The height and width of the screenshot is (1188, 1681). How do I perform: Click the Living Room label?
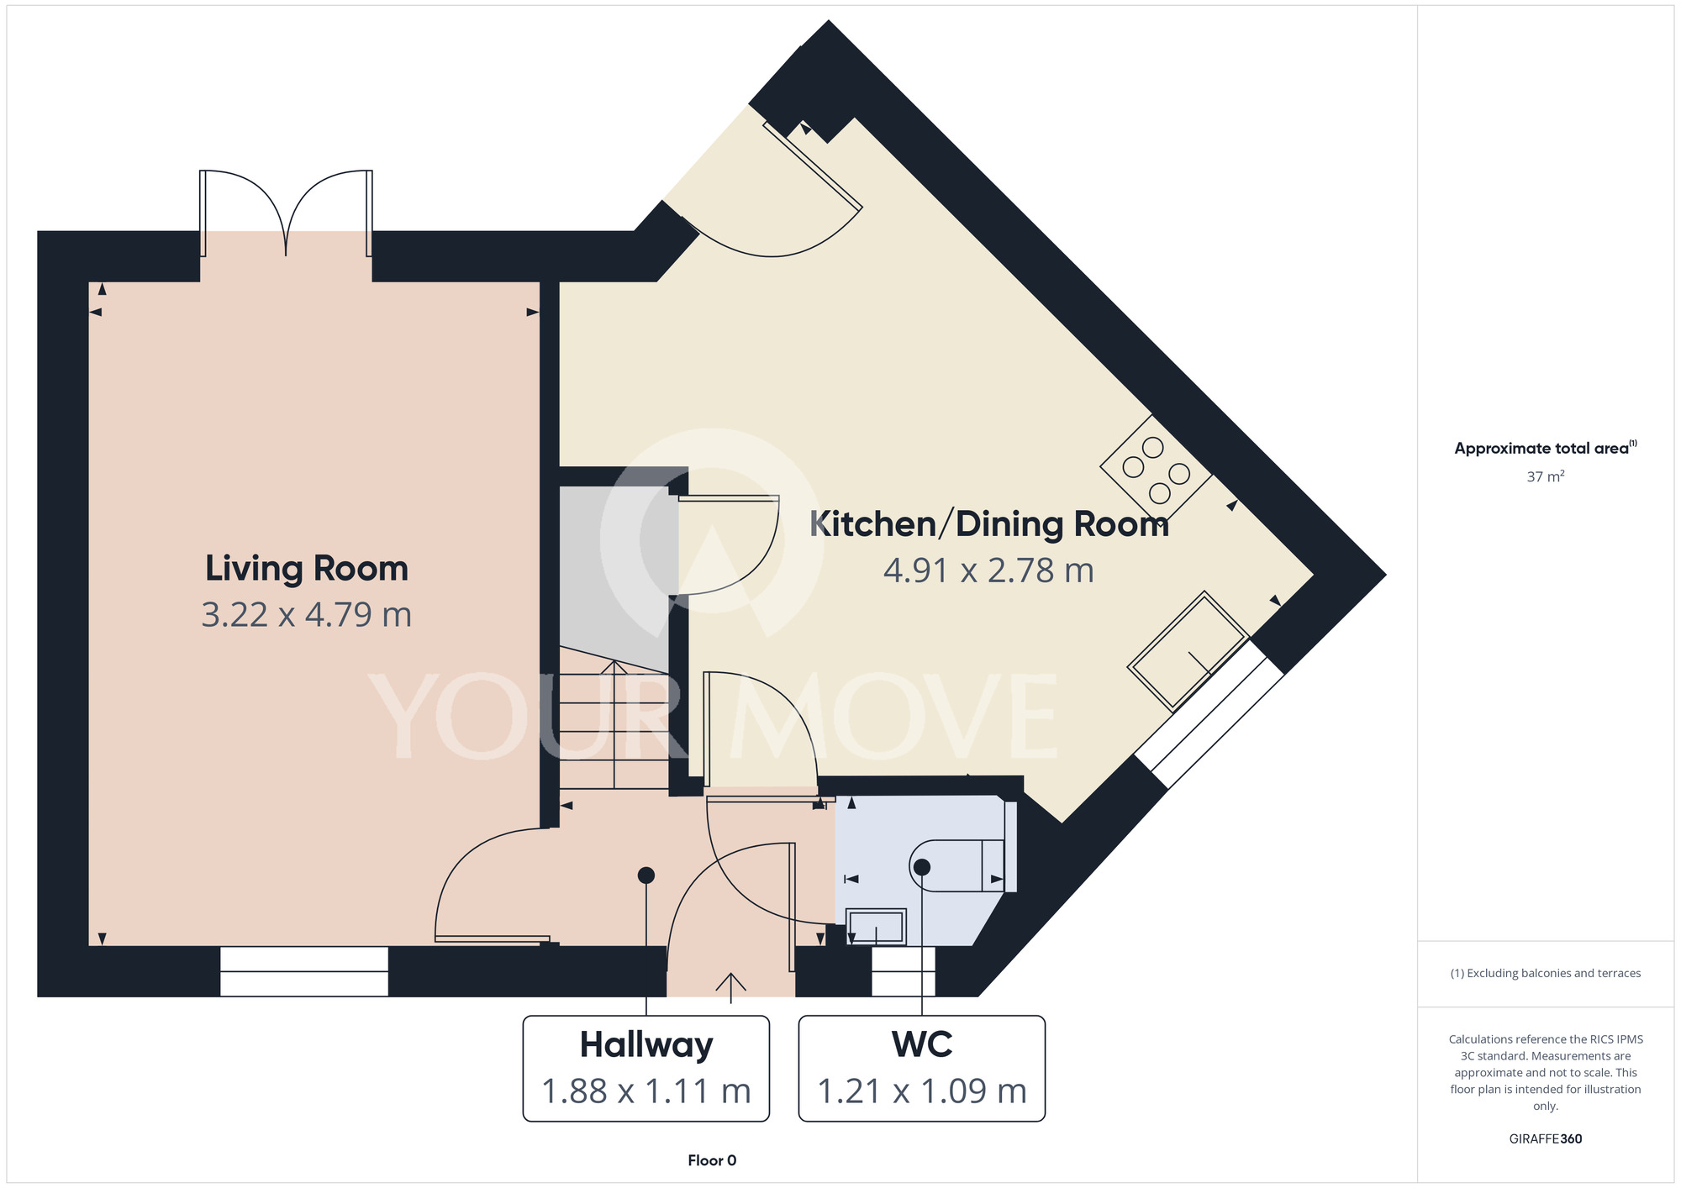307,569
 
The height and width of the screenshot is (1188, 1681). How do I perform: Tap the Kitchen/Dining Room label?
989,524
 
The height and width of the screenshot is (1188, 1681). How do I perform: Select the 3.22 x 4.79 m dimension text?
307,615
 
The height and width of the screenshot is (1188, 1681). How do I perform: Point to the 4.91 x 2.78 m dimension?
989,571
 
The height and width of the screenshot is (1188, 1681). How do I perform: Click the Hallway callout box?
646,1068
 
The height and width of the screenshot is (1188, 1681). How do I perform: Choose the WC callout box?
922,1068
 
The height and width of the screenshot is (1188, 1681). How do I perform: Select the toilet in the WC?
962,865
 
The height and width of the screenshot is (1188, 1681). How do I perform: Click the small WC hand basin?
876,927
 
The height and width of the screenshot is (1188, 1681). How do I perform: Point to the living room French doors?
286,213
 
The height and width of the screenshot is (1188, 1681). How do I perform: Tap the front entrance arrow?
731,988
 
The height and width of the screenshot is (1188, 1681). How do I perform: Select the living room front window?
304,971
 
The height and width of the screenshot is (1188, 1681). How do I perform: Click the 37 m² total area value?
1546,476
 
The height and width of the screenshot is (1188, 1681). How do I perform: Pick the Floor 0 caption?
712,1160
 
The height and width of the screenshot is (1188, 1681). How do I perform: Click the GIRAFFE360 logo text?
1546,1139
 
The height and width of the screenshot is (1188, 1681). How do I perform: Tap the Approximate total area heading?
1546,448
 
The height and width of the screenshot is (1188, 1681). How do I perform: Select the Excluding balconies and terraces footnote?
1546,973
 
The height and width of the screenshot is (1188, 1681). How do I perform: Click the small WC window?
904,971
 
